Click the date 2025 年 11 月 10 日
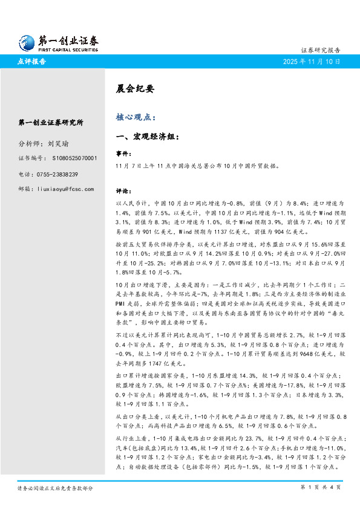[x=312, y=62]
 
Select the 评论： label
[x=123, y=190]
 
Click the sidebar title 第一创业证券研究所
[x=51, y=123]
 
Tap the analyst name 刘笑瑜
[x=59, y=144]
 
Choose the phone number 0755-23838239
[x=65, y=174]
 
